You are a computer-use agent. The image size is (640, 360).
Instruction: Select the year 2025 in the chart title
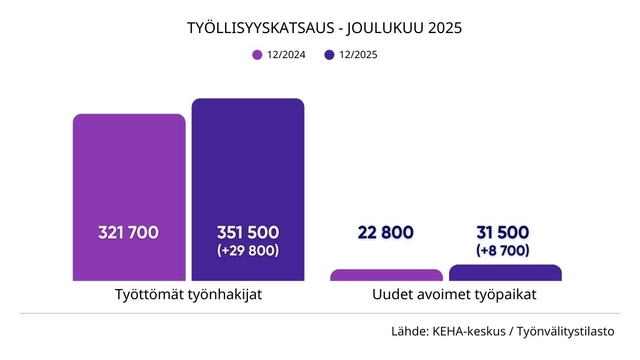pyautogui.click(x=444, y=28)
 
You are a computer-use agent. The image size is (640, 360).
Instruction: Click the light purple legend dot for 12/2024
pyautogui.click(x=258, y=54)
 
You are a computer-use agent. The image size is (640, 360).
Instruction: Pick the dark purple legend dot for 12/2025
pyautogui.click(x=329, y=54)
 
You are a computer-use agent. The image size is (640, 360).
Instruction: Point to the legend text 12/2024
pyautogui.click(x=286, y=54)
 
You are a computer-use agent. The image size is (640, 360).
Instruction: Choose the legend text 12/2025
pyautogui.click(x=358, y=54)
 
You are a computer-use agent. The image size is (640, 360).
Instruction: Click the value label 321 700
pyautogui.click(x=129, y=233)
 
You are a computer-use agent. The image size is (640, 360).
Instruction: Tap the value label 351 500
pyautogui.click(x=248, y=233)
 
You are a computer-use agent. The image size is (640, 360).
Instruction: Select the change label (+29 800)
pyautogui.click(x=248, y=250)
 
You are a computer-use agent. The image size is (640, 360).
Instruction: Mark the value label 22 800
pyautogui.click(x=386, y=233)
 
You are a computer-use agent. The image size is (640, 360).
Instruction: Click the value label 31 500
pyautogui.click(x=503, y=233)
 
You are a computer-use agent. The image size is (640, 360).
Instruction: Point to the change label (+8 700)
pyautogui.click(x=503, y=250)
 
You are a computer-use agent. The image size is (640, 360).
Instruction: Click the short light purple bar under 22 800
pyautogui.click(x=386, y=275)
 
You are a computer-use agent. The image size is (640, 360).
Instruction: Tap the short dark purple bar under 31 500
pyautogui.click(x=505, y=273)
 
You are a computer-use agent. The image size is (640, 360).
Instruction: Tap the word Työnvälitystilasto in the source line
pyautogui.click(x=566, y=332)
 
